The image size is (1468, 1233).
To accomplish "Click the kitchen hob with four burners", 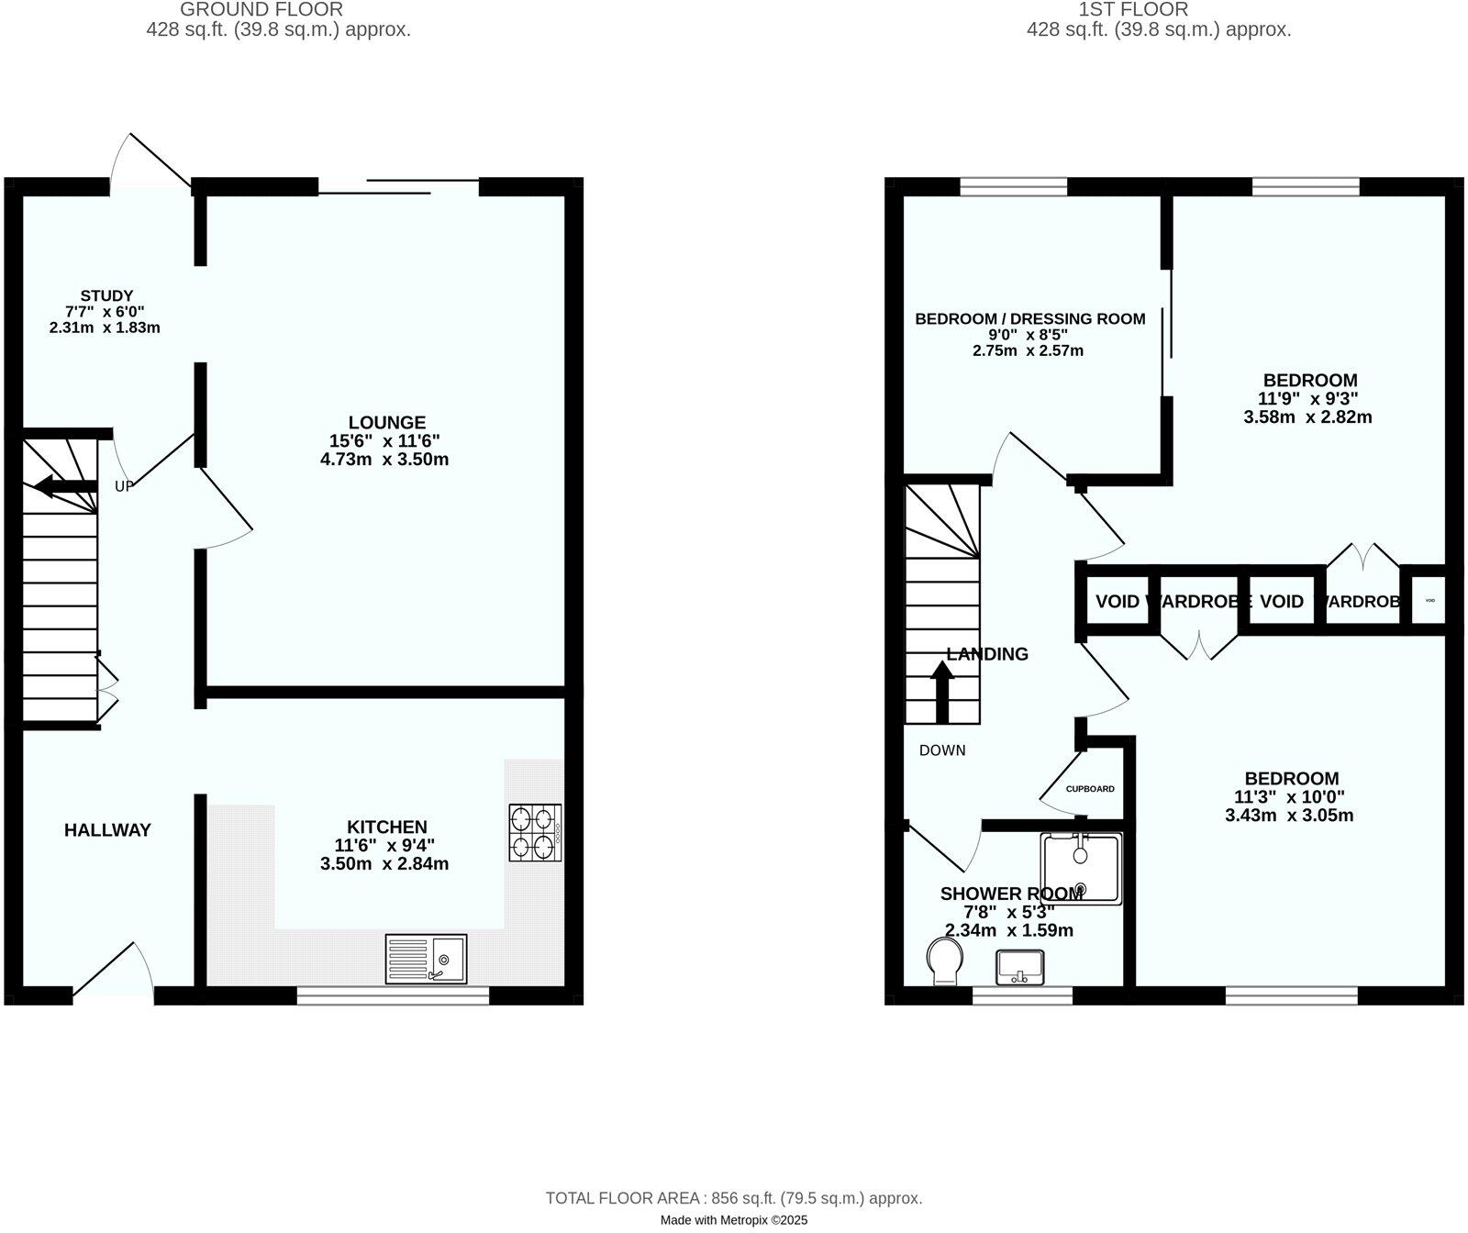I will (535, 832).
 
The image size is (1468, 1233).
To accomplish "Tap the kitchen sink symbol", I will (426, 959).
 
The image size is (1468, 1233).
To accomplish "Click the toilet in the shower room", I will (944, 961).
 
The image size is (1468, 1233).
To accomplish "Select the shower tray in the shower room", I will (1081, 868).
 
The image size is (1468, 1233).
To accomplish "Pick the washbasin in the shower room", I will (1019, 966).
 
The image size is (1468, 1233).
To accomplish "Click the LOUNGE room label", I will (386, 423).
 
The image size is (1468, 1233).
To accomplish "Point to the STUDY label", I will (106, 295).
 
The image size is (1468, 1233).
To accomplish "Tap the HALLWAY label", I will (107, 830).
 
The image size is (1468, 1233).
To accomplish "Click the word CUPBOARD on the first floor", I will (1090, 789).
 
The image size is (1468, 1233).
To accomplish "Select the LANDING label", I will (987, 654).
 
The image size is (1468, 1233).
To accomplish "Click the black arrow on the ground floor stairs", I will (65, 486).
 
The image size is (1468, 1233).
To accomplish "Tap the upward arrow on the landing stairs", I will (942, 690).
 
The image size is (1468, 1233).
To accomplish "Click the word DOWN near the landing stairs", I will (942, 750).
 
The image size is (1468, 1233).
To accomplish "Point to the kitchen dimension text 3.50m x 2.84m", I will (384, 863).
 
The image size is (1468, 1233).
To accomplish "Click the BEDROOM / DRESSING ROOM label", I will (1029, 319).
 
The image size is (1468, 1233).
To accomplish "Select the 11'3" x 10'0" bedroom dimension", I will (1289, 797).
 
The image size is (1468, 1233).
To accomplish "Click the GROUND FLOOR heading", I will (261, 10).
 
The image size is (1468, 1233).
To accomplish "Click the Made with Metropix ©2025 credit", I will (733, 1220).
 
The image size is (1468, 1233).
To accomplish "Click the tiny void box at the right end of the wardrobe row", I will (1429, 601).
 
